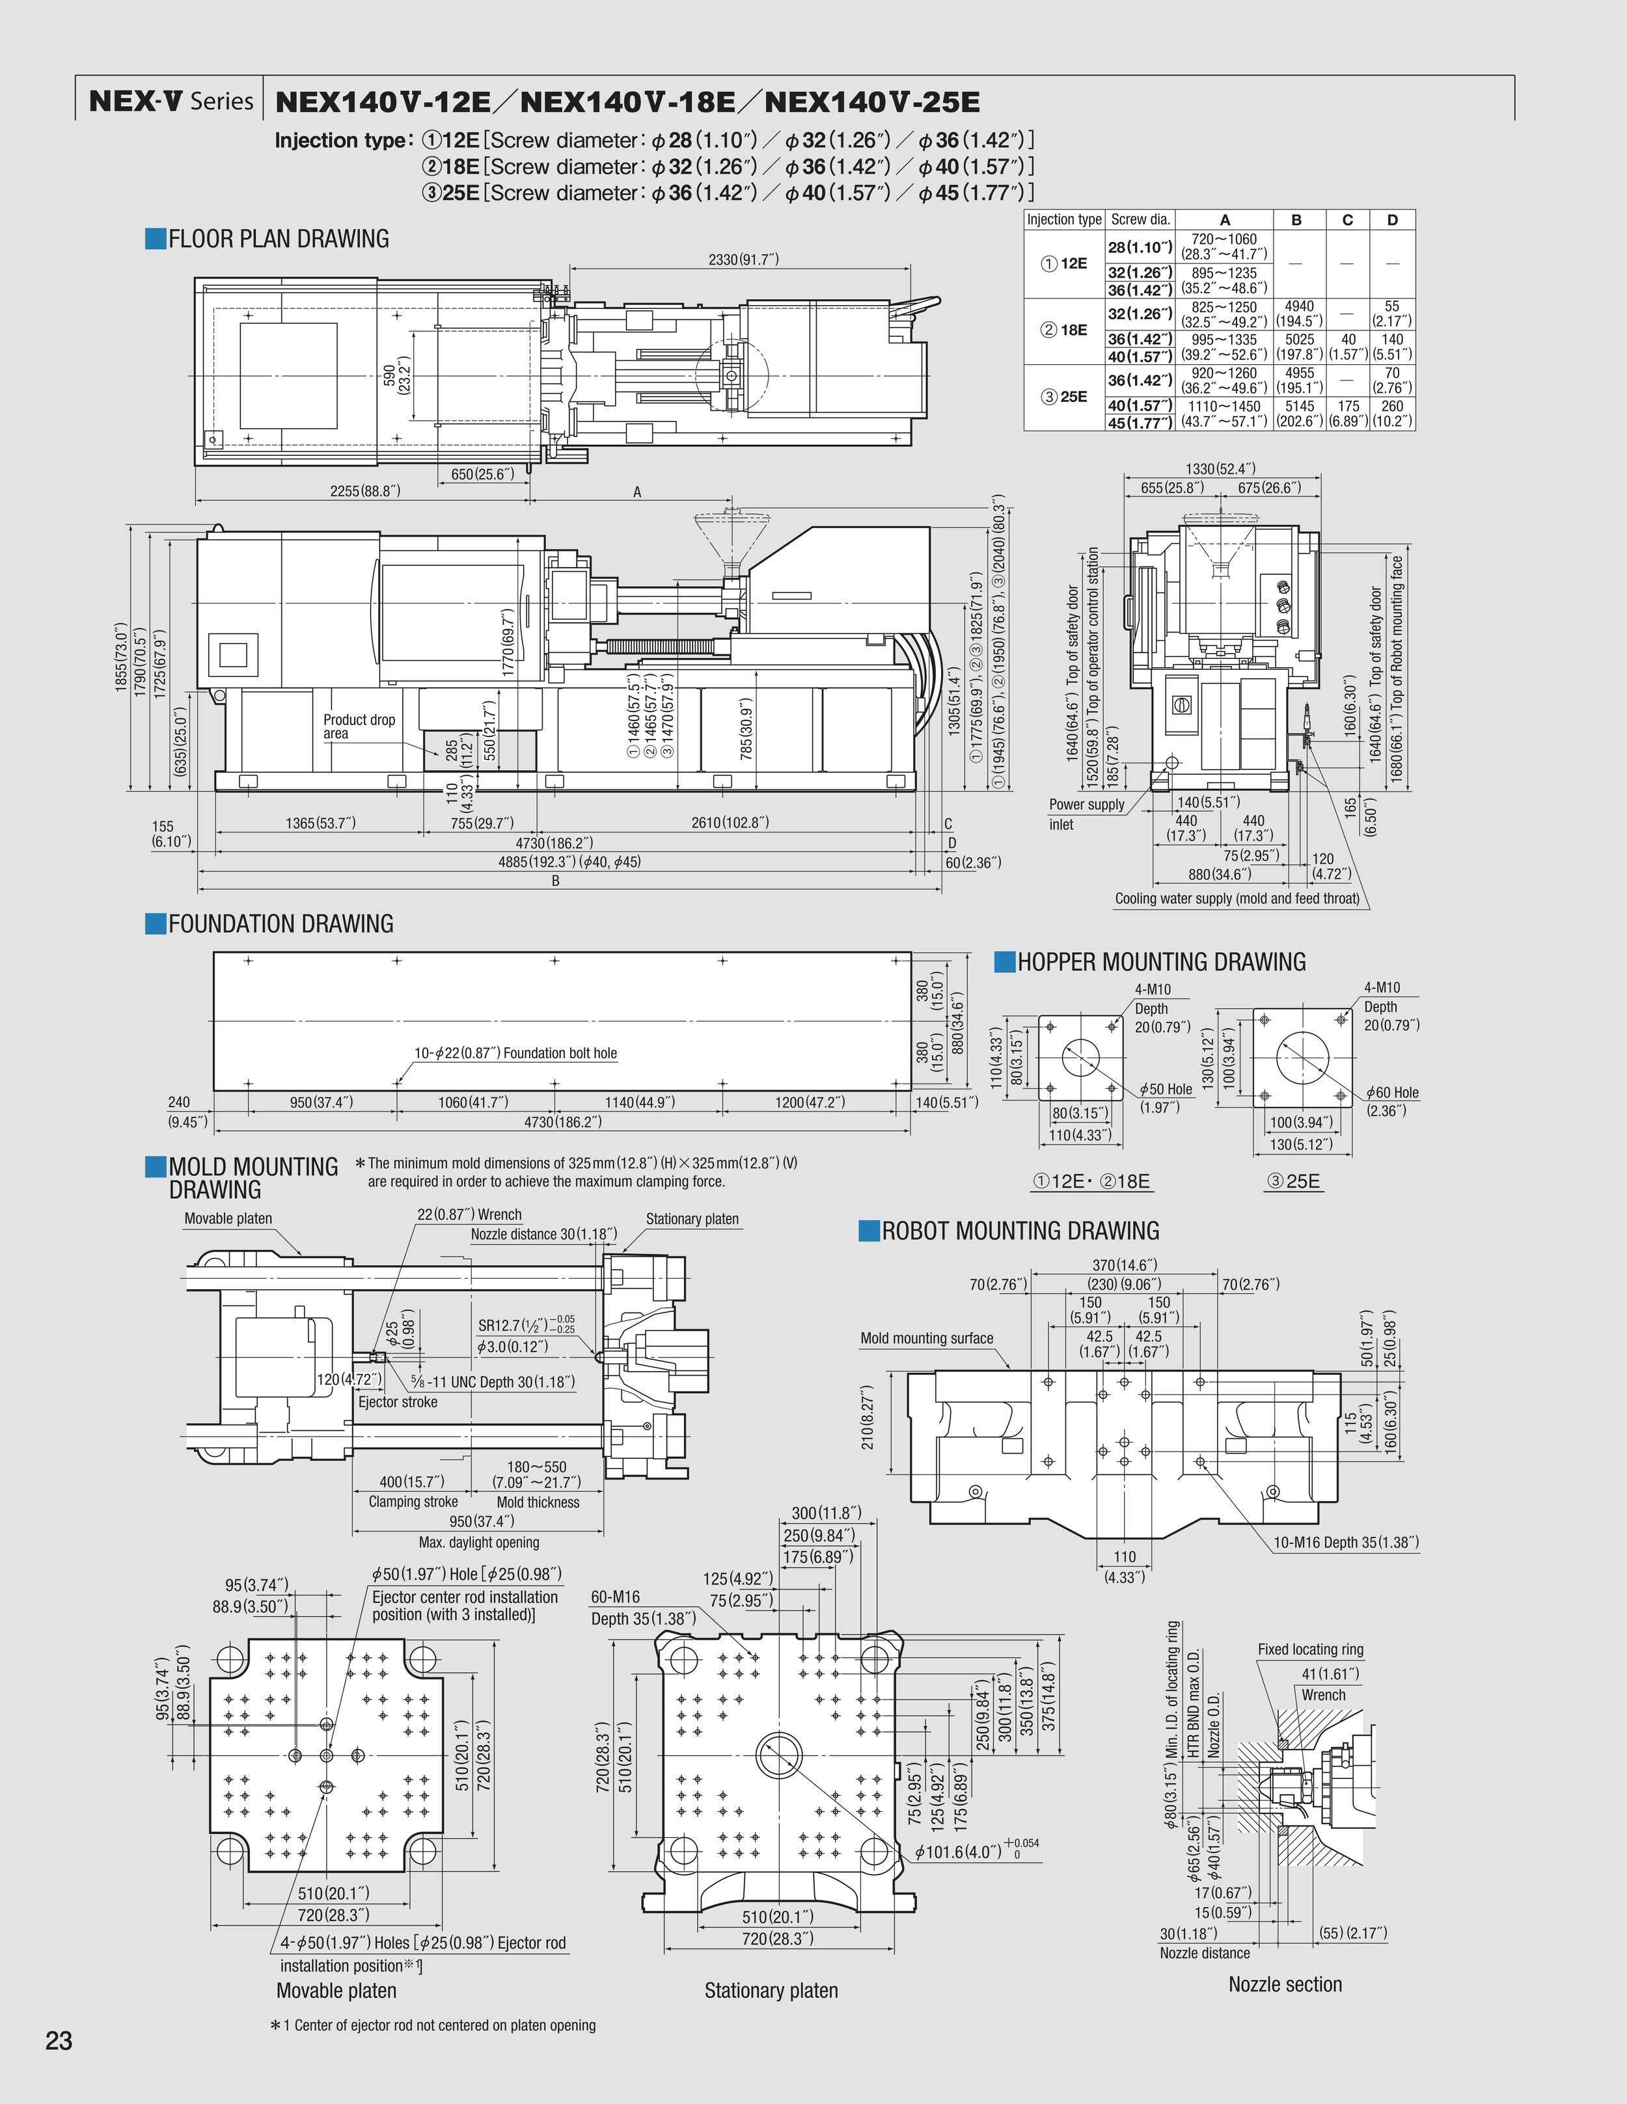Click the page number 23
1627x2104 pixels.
[x=59, y=2040]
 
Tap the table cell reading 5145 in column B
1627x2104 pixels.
[x=1298, y=406]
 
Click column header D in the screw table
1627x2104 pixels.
[x=1392, y=220]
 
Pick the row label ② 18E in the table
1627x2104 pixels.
[x=1064, y=330]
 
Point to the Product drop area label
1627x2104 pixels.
[x=359, y=726]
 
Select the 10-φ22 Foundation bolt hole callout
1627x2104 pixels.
[x=515, y=1053]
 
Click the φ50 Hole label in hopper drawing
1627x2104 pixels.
[x=1166, y=1089]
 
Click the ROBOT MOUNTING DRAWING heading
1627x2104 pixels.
[x=1020, y=1231]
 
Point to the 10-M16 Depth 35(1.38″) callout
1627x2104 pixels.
[x=1346, y=1542]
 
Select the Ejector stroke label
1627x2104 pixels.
[x=397, y=1402]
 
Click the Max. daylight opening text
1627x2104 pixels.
[x=479, y=1542]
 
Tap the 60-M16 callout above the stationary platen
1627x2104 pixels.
[x=615, y=1597]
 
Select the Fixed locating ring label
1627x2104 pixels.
[x=1310, y=1649]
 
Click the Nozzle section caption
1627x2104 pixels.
[x=1284, y=1984]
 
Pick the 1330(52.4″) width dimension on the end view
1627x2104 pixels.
[x=1220, y=469]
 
